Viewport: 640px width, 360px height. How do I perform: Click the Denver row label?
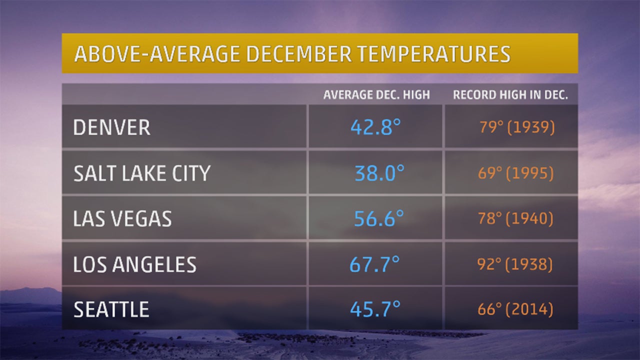pos(111,127)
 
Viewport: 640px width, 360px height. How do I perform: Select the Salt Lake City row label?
pos(141,173)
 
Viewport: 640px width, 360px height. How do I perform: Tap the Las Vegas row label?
pos(122,219)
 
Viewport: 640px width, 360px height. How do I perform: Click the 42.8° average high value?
pos(375,127)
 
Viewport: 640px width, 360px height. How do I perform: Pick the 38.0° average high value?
pos(379,173)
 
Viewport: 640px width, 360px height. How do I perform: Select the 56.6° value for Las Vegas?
pos(378,219)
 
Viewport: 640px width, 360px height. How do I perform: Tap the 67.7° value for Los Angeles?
pos(374,264)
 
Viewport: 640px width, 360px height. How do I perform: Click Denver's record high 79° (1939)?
pos(517,127)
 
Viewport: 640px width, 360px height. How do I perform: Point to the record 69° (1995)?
pos(516,173)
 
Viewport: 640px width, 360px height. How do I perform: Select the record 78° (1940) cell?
pos(515,219)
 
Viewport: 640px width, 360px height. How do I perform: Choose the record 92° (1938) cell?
pos(515,264)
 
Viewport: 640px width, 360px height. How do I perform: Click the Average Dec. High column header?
pos(376,95)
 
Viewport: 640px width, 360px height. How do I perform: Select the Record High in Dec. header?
pos(510,95)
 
